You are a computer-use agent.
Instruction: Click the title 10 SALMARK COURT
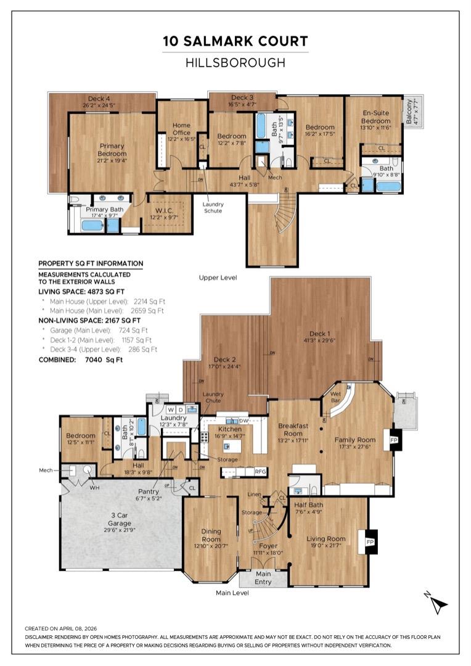tap(235, 41)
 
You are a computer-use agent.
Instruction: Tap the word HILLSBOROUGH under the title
tap(235, 62)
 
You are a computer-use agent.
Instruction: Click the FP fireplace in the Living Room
tap(371, 541)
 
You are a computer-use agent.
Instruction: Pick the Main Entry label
tap(263, 578)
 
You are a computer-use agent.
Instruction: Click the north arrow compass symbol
tap(438, 604)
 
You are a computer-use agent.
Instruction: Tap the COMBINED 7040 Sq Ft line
tap(81, 359)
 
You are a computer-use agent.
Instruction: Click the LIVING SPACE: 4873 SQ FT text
tap(82, 291)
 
